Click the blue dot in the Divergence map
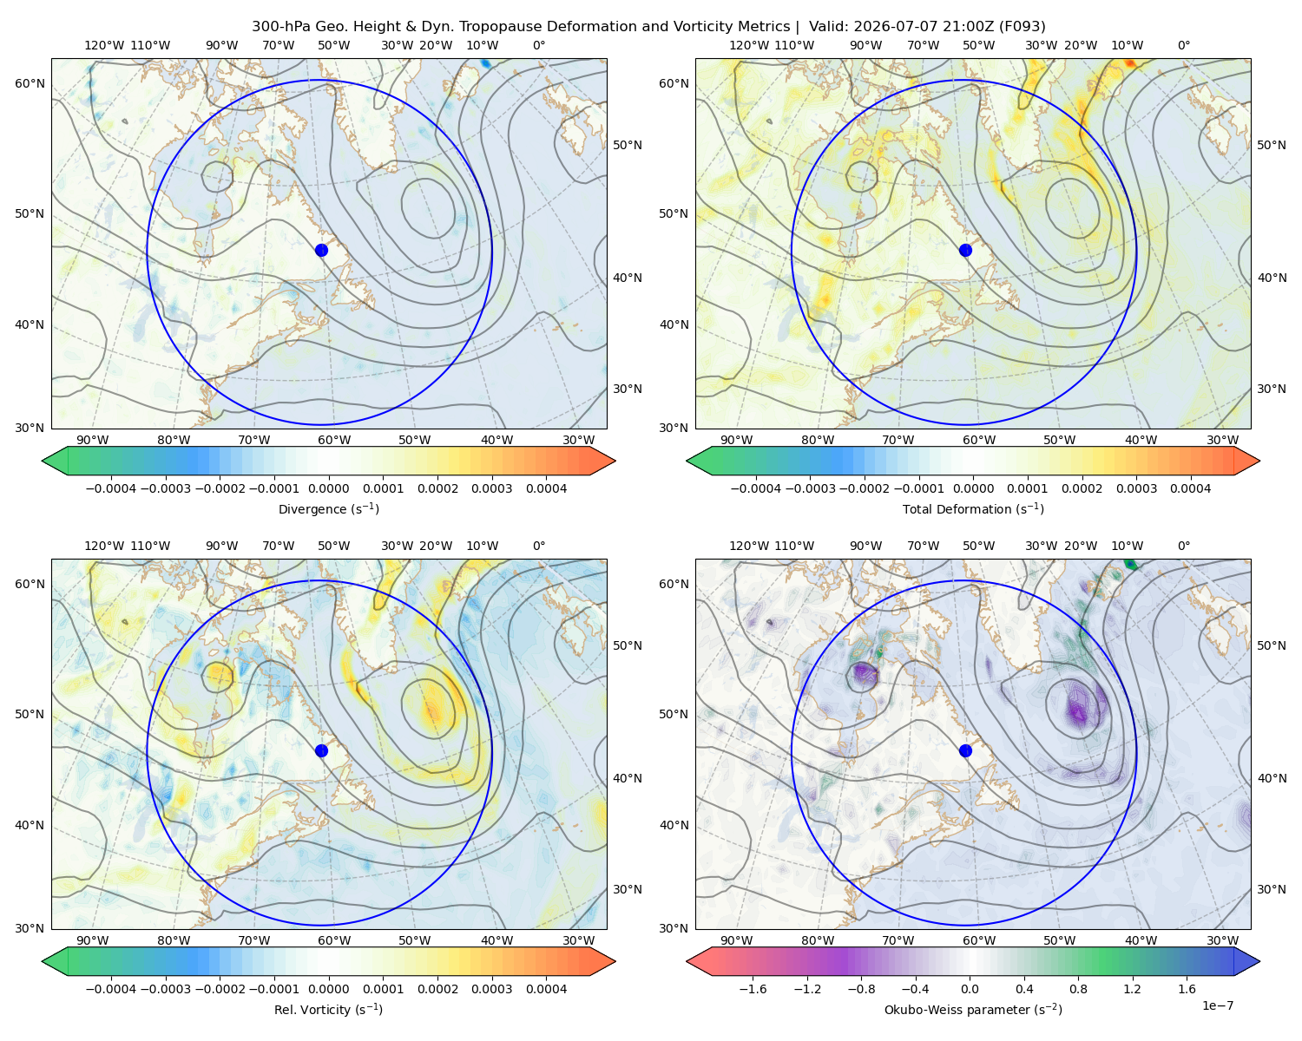[321, 251]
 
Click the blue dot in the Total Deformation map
[965, 251]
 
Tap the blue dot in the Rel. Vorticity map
[321, 750]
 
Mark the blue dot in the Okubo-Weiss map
[965, 750]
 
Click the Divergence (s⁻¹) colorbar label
[328, 508]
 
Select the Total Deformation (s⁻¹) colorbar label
[973, 508]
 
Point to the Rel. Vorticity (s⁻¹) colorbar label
[328, 1010]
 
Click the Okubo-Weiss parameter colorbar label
[973, 1010]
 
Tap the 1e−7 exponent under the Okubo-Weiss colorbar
[1217, 1005]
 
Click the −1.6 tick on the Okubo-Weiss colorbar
[753, 989]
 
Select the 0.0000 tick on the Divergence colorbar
[328, 488]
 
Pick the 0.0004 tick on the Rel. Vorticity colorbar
[546, 989]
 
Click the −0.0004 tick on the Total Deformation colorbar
[756, 488]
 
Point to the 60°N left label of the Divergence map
[30, 83]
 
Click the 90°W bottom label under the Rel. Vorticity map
[93, 940]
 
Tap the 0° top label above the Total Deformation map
[1183, 45]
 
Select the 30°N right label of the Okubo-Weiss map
[1271, 889]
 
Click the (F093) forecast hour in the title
[1023, 27]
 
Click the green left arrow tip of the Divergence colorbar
[43, 461]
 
